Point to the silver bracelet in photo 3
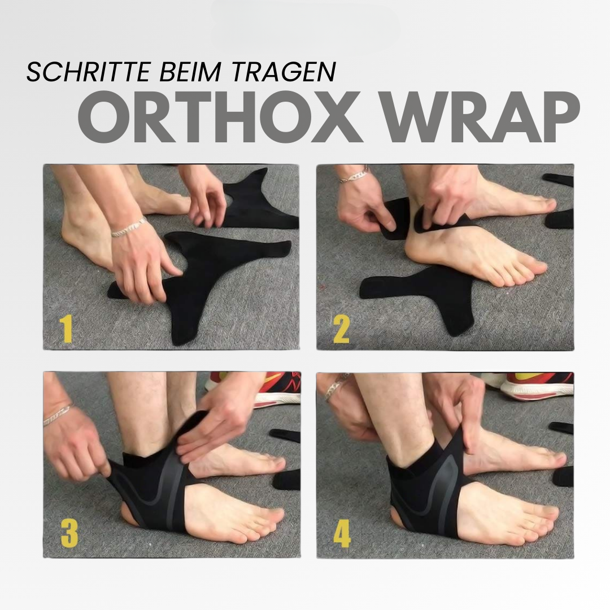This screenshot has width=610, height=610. point(58,415)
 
